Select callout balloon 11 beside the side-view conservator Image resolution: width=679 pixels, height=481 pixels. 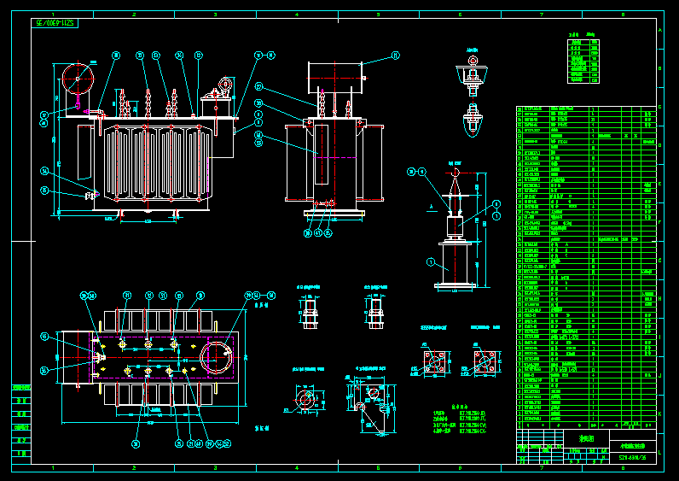396,56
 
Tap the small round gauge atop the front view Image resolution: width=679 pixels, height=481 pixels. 226,84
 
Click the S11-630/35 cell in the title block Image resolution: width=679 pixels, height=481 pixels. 632,458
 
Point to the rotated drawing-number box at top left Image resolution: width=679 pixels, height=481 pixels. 55,23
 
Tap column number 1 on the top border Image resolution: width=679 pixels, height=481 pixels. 53,15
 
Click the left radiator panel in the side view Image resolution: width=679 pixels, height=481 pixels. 297,163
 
